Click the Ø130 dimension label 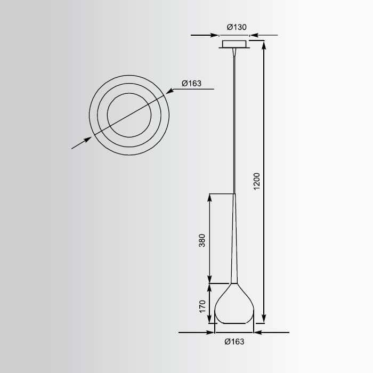coord(235,27)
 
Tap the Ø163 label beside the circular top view coord(191,83)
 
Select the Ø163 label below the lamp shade coord(234,342)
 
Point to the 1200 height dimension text coord(256,182)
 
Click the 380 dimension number coord(202,241)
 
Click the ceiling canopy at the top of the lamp coord(234,43)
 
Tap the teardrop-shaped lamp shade coord(234,306)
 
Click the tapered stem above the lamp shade coord(234,240)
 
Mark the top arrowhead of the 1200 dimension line coord(264,43)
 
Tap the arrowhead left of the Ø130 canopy coord(215,36)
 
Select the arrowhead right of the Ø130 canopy coord(254,36)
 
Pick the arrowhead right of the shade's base coord(258,333)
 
